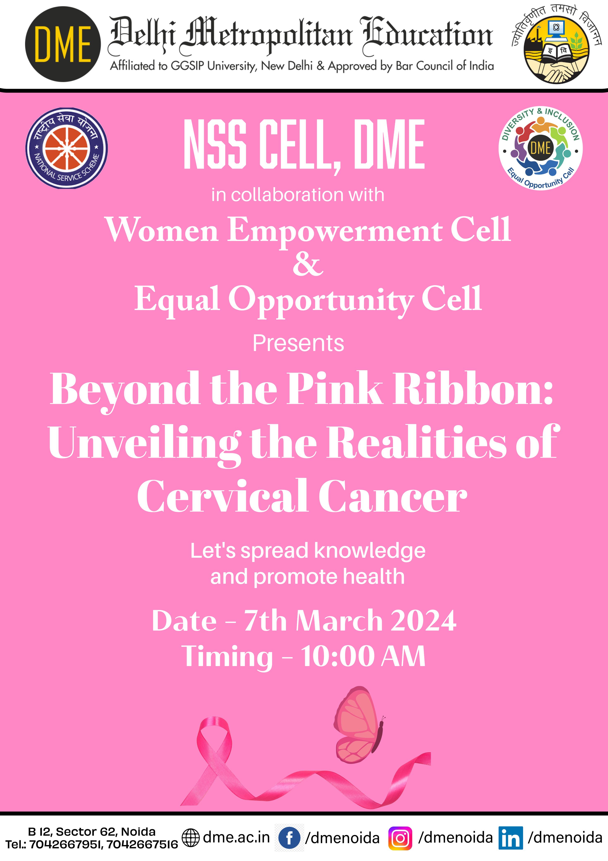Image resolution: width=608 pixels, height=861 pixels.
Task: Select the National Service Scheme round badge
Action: pyautogui.click(x=67, y=148)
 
